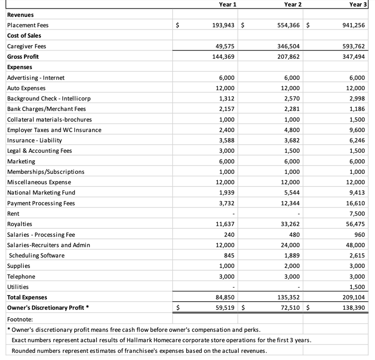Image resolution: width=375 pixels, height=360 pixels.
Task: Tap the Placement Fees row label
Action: (x=28, y=25)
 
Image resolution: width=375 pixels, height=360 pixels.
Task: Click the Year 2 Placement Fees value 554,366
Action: (x=288, y=25)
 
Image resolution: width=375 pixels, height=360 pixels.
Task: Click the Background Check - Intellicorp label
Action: (x=49, y=98)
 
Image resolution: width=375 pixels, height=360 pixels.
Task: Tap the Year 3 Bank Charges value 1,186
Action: (x=357, y=109)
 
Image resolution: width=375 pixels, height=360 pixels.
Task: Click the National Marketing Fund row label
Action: (x=41, y=193)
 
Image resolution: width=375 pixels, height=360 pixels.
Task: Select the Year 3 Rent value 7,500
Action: (x=357, y=214)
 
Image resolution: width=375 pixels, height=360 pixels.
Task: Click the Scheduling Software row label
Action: (x=37, y=255)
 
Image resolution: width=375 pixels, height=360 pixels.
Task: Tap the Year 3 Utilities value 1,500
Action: (x=357, y=287)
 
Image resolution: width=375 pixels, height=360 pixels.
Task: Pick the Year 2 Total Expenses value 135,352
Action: (x=288, y=297)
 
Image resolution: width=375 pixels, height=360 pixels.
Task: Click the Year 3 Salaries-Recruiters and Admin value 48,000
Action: (x=356, y=245)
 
